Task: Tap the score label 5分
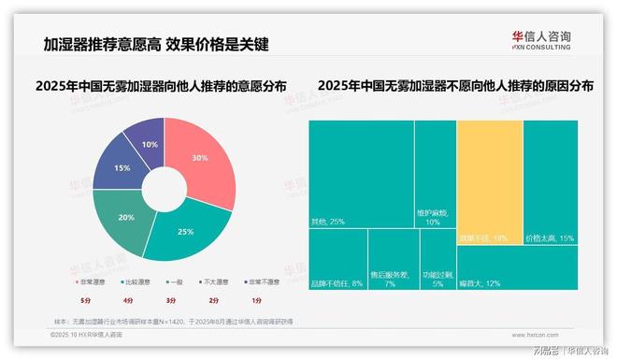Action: point(86,300)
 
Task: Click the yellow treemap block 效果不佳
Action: point(488,181)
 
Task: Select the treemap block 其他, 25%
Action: point(361,174)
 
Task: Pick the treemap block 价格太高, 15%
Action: point(550,181)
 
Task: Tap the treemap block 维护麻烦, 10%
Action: point(435,174)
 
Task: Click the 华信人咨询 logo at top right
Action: point(541,40)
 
